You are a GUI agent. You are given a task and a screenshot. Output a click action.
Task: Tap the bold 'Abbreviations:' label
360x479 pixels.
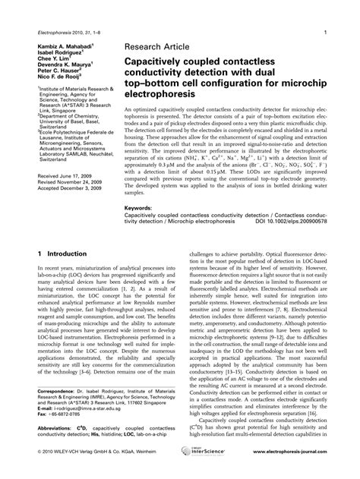point(53,447)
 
